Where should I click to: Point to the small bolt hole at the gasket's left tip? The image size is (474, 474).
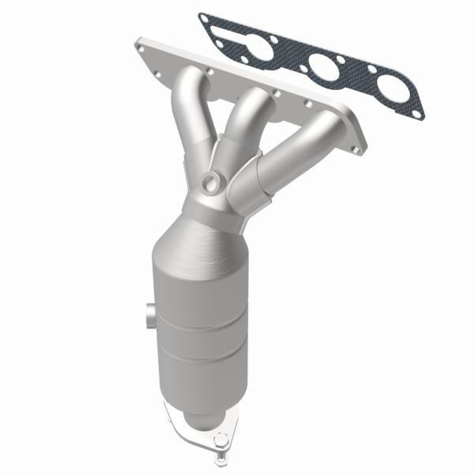click(207, 19)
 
